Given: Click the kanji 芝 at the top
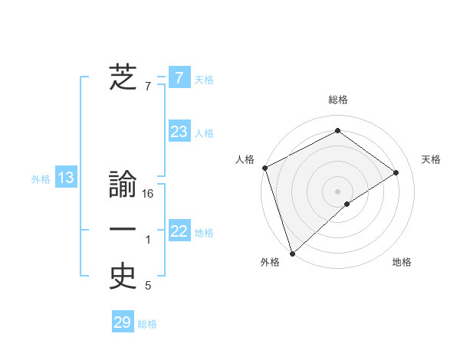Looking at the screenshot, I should click(x=123, y=77).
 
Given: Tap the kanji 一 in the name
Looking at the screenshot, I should click(x=123, y=231).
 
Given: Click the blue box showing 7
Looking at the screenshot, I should click(x=179, y=77).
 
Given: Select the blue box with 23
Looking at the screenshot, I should click(x=179, y=132).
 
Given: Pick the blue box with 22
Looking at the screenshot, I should click(x=179, y=231).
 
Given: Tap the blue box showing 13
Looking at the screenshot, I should click(x=65, y=178).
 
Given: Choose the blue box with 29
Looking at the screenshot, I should click(x=123, y=322).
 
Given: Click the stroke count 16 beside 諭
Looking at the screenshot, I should click(x=149, y=194).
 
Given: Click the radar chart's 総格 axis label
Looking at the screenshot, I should click(x=337, y=100).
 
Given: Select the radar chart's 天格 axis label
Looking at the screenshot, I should click(x=431, y=159).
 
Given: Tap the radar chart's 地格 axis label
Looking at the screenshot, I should click(x=402, y=263).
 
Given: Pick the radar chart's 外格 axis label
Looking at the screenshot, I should click(x=270, y=263).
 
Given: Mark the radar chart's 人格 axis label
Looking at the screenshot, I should click(x=245, y=159).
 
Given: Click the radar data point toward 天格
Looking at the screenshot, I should click(x=396, y=172).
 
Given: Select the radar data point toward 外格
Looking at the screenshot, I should click(x=292, y=253).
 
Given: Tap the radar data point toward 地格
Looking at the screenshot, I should click(x=347, y=204).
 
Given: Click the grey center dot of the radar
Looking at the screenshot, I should click(x=337, y=191).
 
